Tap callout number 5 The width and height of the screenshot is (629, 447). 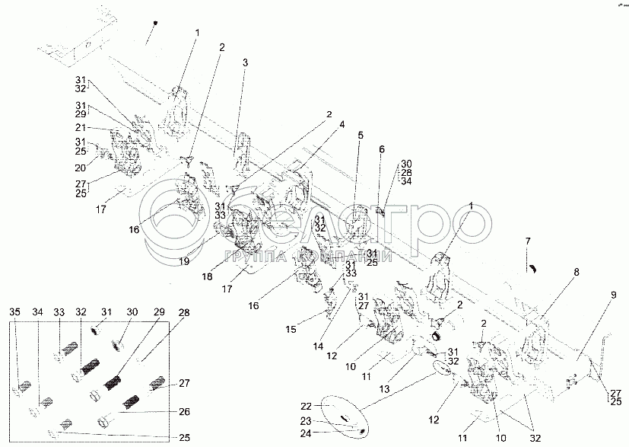(x=361, y=135)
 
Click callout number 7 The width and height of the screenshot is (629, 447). (x=526, y=241)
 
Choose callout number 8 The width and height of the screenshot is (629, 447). (x=576, y=271)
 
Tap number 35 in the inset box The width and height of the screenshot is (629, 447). (x=15, y=312)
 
